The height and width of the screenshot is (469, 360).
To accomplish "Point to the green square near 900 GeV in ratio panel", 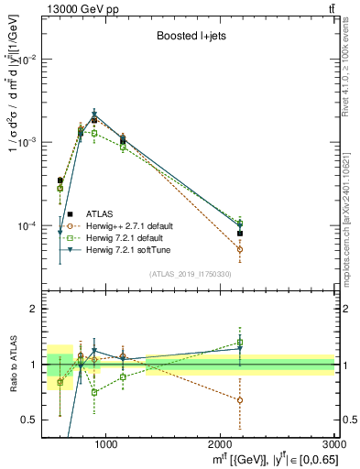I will tap(93, 392).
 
